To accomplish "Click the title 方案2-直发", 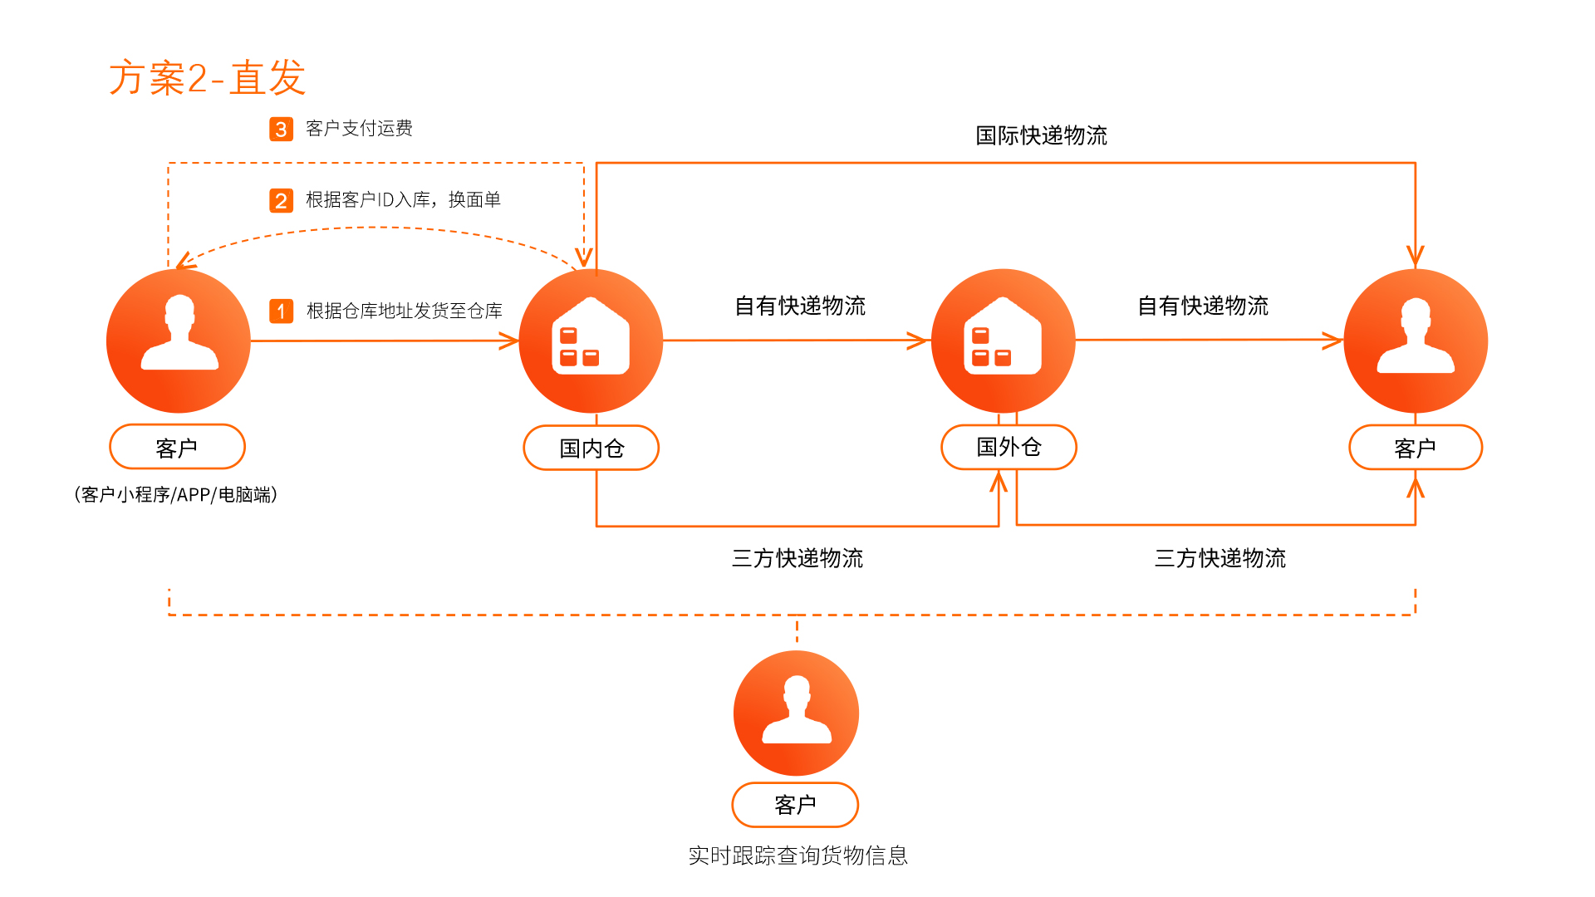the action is point(208,78).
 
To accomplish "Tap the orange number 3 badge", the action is point(281,129).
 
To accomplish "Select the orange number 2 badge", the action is point(281,200).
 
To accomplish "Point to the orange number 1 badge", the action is point(281,311).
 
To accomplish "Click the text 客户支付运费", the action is point(359,128).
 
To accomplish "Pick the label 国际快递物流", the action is point(1041,135).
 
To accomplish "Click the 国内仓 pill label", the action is point(591,448).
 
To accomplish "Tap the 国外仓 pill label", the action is point(1009,447).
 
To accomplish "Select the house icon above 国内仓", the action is point(591,336).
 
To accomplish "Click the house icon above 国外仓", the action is point(1003,336).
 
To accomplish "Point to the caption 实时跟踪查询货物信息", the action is point(797,855).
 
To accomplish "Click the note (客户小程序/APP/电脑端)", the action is point(175,494).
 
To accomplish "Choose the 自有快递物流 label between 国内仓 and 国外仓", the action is point(800,306).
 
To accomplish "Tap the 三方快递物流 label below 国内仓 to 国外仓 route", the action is point(797,558).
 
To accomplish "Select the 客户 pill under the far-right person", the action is point(1416,448).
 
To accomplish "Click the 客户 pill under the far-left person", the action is point(177,447).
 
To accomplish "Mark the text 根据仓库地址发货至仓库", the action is point(405,311).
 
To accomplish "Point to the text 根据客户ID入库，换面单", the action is point(403,200).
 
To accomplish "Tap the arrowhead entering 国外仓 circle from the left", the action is point(918,341).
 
